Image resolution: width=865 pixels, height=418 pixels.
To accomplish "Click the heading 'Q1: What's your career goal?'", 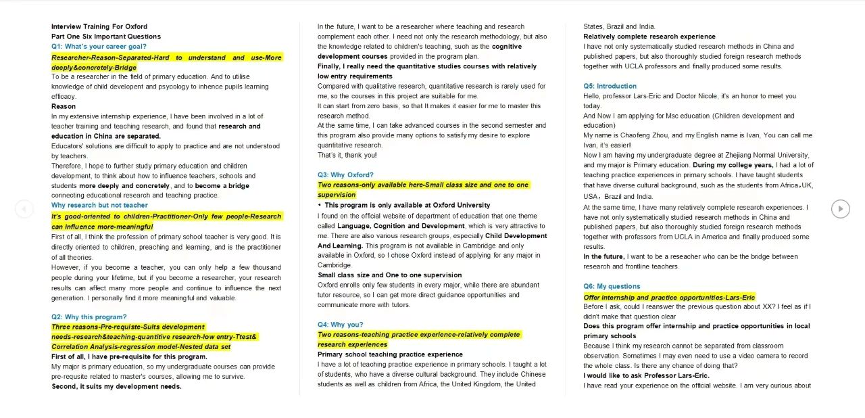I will (x=99, y=47).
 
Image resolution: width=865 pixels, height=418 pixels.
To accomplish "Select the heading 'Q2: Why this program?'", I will (x=89, y=317).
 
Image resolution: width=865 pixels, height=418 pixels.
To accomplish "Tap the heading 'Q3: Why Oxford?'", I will (x=345, y=175).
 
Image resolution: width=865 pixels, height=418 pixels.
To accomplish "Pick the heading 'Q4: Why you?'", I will (x=340, y=325).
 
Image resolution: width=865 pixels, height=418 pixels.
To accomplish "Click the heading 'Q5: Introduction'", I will (x=610, y=86).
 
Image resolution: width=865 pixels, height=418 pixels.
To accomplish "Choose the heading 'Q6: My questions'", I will (x=612, y=286).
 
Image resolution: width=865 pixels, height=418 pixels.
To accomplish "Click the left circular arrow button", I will (x=24, y=209).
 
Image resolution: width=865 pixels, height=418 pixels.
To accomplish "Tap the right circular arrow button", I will (x=840, y=209).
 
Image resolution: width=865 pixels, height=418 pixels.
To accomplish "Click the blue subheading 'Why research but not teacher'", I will (x=99, y=205).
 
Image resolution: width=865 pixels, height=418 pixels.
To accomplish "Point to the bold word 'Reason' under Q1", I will (x=64, y=106).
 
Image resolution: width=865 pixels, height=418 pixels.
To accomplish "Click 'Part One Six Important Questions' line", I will (x=106, y=37).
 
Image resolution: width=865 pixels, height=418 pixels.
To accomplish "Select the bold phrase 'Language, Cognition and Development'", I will (x=400, y=226).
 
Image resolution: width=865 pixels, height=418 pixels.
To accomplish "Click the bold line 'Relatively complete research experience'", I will (x=649, y=37).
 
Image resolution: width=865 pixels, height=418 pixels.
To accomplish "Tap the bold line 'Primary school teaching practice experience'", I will (x=390, y=354).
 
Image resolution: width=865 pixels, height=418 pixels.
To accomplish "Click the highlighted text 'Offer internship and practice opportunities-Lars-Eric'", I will (x=669, y=298).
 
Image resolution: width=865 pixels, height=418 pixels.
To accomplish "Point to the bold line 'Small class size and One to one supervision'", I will (x=389, y=275).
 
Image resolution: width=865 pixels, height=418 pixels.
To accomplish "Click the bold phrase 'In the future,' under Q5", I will (x=603, y=257).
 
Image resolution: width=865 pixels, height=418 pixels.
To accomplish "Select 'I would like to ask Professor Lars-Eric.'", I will (x=646, y=375).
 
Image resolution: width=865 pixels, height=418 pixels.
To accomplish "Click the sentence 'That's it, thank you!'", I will (x=347, y=155).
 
